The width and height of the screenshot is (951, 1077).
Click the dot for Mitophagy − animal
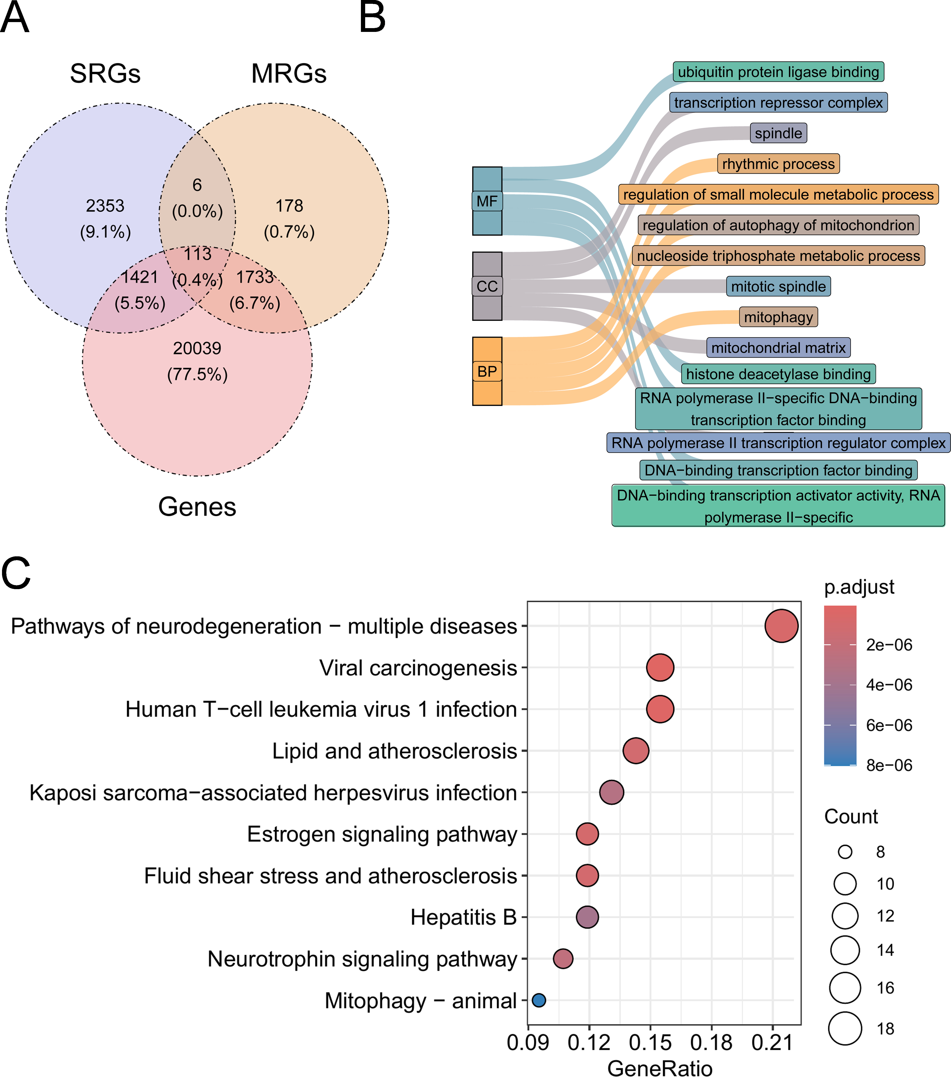click(x=539, y=1000)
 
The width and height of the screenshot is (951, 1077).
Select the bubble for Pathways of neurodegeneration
click(x=781, y=626)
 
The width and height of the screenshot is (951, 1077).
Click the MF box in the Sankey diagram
click(x=487, y=201)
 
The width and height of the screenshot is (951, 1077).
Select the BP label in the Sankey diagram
click(x=487, y=371)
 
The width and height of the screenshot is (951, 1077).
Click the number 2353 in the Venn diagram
click(x=105, y=205)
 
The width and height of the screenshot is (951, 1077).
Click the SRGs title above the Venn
click(x=105, y=73)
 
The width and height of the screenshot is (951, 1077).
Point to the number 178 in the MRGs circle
click(x=289, y=205)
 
